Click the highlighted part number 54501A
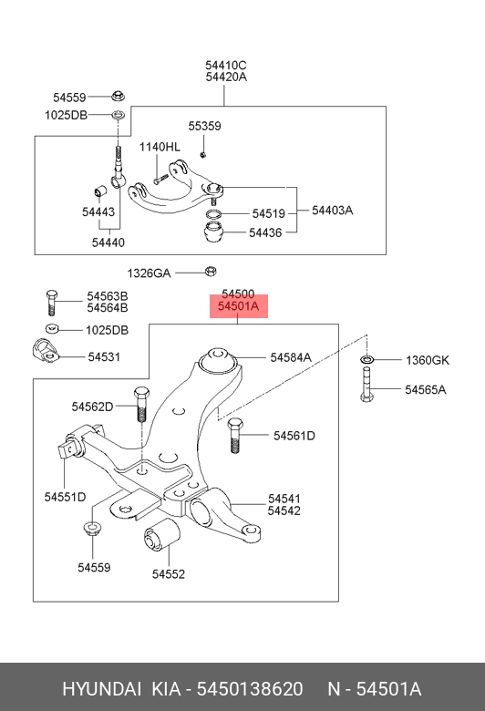click(238, 306)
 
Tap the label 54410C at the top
click(226, 66)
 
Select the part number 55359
click(204, 126)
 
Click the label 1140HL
click(160, 147)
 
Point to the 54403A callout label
click(333, 211)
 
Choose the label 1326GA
click(149, 273)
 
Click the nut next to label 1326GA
click(211, 272)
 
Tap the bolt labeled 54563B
click(52, 302)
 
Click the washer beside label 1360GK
click(367, 359)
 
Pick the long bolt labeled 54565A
click(367, 385)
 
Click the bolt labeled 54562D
click(141, 404)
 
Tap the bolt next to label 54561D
click(235, 436)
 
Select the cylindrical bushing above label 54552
click(161, 535)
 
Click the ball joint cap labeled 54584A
click(218, 360)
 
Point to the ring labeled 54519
click(213, 214)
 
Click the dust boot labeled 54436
click(213, 232)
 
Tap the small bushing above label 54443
click(100, 191)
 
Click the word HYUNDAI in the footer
click(101, 689)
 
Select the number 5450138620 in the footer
click(250, 689)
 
